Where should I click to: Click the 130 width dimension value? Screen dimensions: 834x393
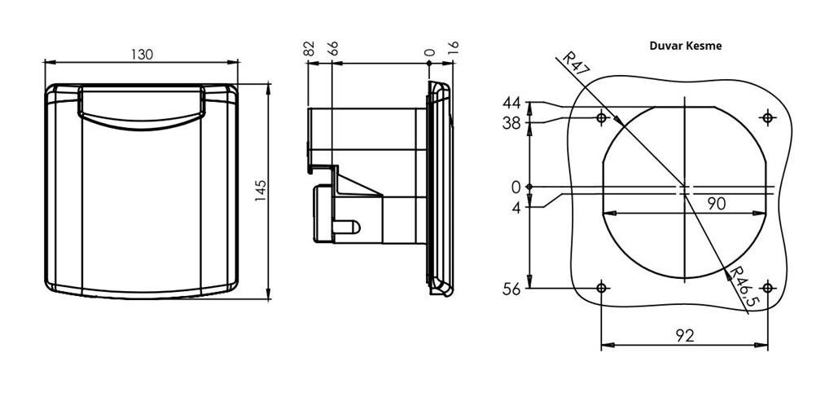coord(142,55)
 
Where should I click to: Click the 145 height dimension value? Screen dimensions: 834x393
coord(261,191)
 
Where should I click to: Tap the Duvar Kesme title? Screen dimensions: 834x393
coord(686,46)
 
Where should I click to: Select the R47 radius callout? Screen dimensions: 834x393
coord(573,64)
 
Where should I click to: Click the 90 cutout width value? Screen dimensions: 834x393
coord(717,203)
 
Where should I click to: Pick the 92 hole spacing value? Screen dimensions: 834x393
coord(685,335)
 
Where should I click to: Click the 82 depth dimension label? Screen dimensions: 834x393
coord(309,48)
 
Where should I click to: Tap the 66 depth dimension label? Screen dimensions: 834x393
coord(333,48)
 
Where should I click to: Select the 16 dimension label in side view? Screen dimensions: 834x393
coord(454,48)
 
